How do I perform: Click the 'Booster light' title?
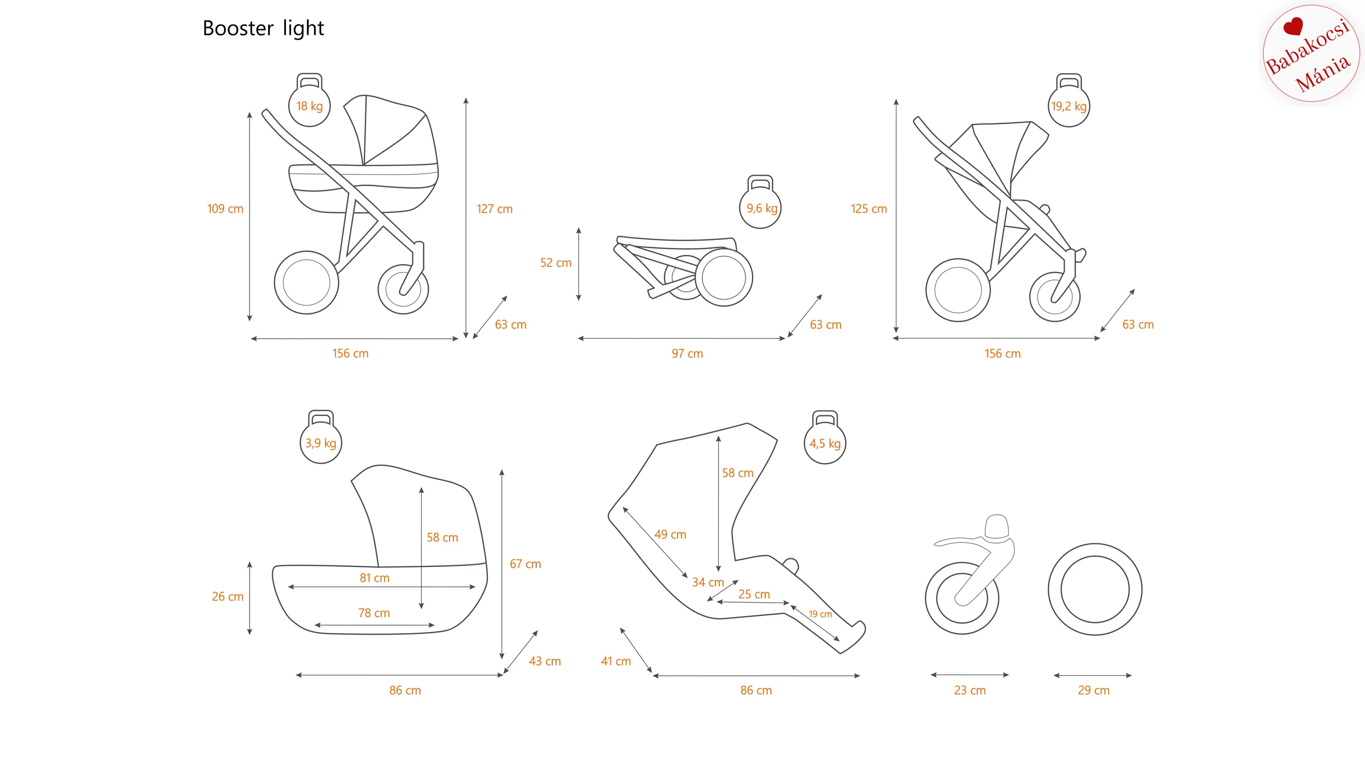263,29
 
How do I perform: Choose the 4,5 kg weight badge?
825,443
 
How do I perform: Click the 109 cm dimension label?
225,209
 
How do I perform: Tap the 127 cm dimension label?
494,209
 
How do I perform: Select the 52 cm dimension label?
556,263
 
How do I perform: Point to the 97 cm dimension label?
687,354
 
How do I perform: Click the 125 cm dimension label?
869,209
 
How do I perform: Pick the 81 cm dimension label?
374,578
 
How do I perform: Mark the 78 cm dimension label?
374,613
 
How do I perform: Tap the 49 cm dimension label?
670,534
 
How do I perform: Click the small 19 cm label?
820,614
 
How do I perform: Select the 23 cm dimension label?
970,691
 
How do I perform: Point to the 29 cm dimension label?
1094,691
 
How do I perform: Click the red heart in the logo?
1293,26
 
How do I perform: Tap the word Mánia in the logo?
1323,74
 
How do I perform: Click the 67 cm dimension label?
525,564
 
